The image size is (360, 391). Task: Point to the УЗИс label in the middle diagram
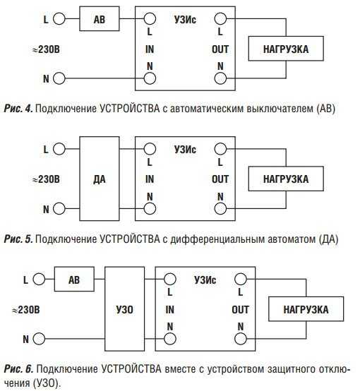(x=185, y=150)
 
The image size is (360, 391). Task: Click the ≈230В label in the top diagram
(x=46, y=49)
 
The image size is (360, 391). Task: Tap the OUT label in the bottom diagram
(x=240, y=310)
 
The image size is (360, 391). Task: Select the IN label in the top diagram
(x=150, y=49)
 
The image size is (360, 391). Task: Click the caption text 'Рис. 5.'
(x=18, y=239)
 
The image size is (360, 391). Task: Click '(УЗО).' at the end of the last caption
(x=47, y=383)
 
